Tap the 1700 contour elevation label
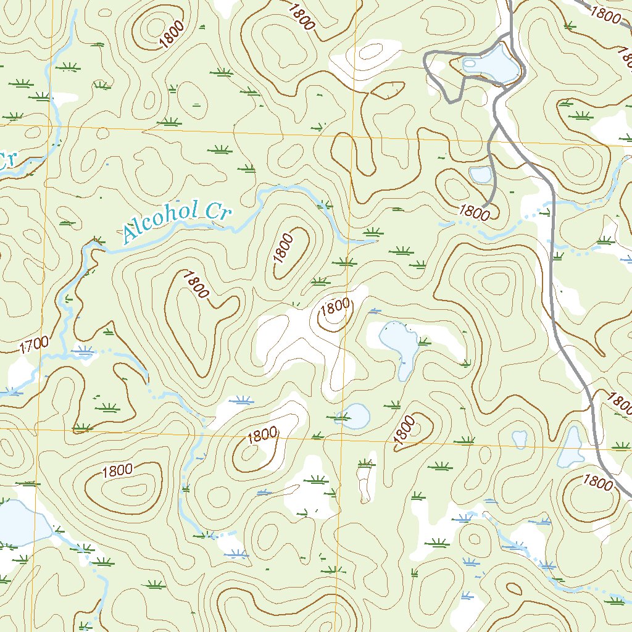tap(34, 344)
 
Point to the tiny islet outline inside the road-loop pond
tap(469, 62)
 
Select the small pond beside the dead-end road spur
tap(480, 175)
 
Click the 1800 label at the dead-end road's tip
tap(474, 213)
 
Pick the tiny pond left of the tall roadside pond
tap(520, 439)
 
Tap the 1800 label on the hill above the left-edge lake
tap(117, 470)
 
